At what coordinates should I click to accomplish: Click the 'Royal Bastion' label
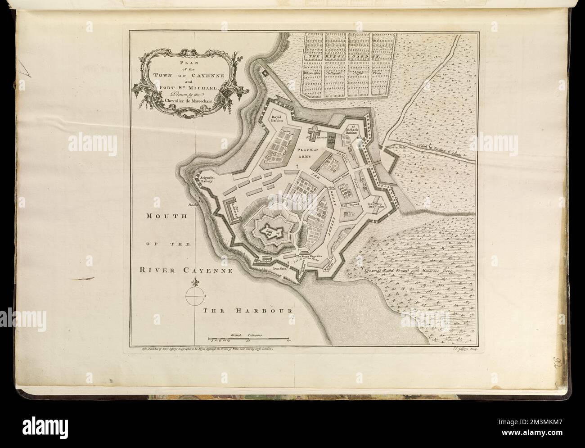279,119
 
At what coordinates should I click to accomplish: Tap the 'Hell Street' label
349,205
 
